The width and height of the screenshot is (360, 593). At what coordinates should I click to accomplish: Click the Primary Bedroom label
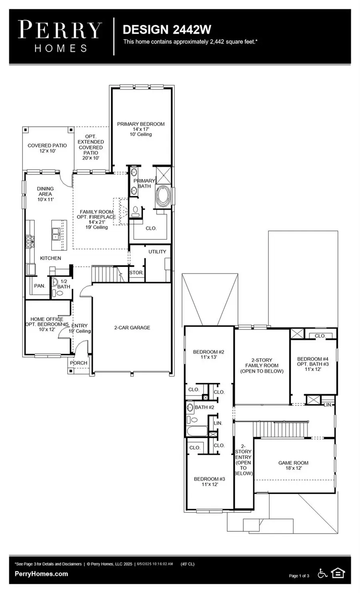(x=140, y=124)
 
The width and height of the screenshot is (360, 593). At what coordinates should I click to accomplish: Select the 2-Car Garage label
(x=132, y=327)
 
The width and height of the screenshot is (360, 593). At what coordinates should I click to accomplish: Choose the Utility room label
(x=157, y=252)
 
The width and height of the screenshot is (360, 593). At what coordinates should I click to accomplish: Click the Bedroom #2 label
(x=208, y=352)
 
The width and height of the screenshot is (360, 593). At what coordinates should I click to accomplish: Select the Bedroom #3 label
(x=209, y=479)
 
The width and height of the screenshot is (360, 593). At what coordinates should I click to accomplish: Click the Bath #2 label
(x=204, y=407)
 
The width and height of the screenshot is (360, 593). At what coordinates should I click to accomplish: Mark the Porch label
(x=78, y=363)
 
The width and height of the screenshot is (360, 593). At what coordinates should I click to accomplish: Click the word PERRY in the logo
(x=60, y=30)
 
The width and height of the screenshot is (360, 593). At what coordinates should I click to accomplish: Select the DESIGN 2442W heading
(x=167, y=30)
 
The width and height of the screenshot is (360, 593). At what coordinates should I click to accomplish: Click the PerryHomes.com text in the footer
(x=41, y=574)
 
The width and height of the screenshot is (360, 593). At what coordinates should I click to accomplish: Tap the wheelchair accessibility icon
(x=322, y=573)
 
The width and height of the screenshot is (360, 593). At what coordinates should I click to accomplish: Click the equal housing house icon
(x=338, y=573)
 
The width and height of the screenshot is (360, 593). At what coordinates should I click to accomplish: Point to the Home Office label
(x=46, y=319)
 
